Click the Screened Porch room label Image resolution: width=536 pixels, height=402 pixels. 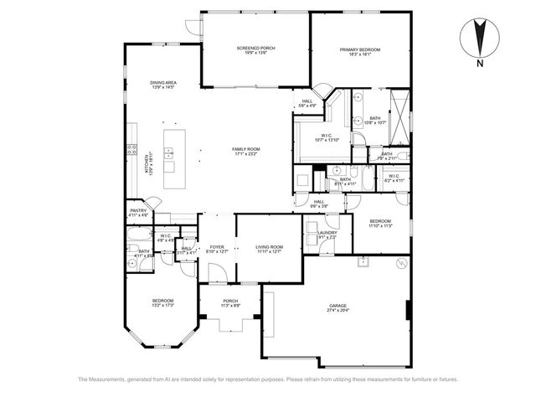click(x=255, y=51)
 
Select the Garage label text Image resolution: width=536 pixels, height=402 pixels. click(x=338, y=308)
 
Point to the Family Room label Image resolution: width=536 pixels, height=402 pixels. click(x=246, y=152)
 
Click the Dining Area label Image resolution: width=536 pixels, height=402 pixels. click(x=163, y=85)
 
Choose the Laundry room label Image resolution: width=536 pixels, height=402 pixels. click(x=327, y=235)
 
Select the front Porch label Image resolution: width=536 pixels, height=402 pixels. click(x=230, y=304)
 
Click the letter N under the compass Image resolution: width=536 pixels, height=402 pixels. click(x=479, y=63)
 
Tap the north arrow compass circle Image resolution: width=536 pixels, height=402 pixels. click(x=479, y=35)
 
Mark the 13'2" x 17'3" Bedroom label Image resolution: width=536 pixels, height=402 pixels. click(x=162, y=303)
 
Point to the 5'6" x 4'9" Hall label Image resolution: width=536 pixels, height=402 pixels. click(x=308, y=104)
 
